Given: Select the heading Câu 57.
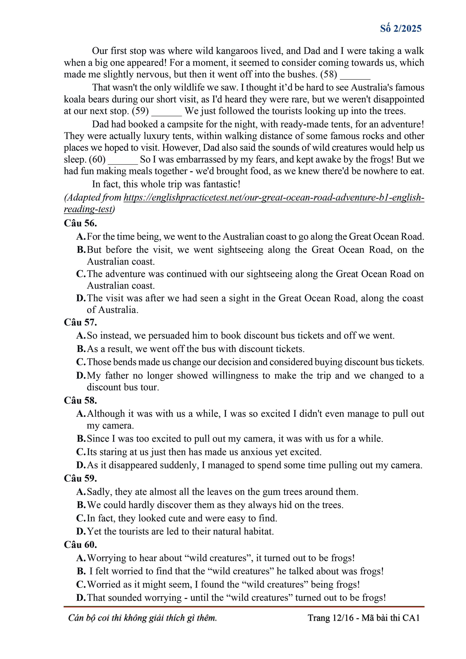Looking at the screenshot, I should [x=80, y=322].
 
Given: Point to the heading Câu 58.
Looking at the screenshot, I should [x=80, y=400].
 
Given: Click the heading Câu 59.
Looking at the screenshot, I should [x=80, y=478].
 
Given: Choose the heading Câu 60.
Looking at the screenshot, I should [x=80, y=544].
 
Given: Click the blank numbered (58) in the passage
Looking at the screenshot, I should [x=355, y=75].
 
